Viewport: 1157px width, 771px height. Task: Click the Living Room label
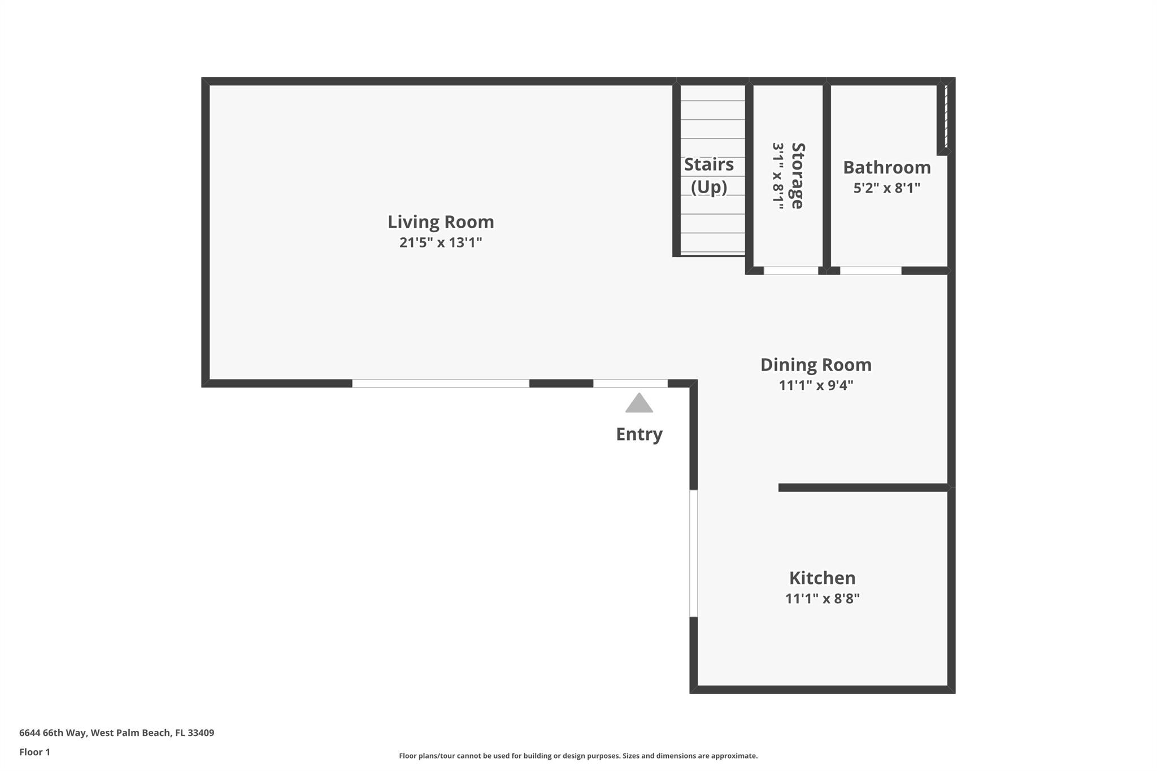point(441,222)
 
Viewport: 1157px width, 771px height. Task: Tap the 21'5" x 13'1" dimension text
point(441,242)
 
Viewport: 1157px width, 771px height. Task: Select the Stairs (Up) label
point(709,175)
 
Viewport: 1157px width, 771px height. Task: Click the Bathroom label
point(887,167)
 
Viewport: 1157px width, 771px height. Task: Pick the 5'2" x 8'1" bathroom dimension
point(887,188)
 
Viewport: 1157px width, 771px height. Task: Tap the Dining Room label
point(816,365)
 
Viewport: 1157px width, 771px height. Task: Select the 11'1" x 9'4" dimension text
point(816,385)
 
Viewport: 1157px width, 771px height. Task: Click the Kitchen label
point(822,578)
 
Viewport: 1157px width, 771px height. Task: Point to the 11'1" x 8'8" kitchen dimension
point(822,598)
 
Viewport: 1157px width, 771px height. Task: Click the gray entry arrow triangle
point(639,403)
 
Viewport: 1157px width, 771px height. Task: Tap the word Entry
point(639,434)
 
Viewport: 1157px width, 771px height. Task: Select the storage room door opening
point(791,271)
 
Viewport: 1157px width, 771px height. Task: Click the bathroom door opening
point(871,271)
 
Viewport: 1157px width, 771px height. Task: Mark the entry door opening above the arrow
point(630,384)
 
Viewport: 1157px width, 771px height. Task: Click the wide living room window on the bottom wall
point(441,384)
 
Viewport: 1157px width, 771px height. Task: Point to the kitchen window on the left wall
point(693,554)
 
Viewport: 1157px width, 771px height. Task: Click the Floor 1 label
point(34,752)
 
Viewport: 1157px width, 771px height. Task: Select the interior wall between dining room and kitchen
point(863,487)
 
